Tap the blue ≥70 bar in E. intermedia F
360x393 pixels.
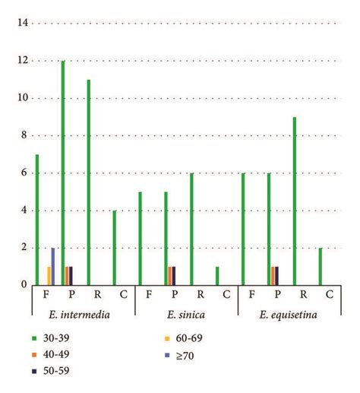(53, 267)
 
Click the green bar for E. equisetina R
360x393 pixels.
(295, 201)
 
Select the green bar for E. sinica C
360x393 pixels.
(217, 276)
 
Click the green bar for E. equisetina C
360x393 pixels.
(321, 267)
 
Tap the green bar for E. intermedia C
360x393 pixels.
(115, 248)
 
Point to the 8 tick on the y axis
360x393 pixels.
(24, 135)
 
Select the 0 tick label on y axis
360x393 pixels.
(24, 285)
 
